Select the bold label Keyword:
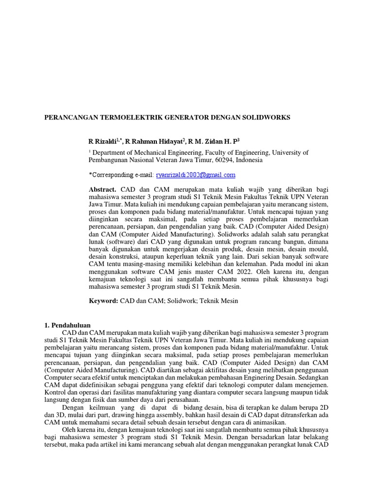point(103,301)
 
